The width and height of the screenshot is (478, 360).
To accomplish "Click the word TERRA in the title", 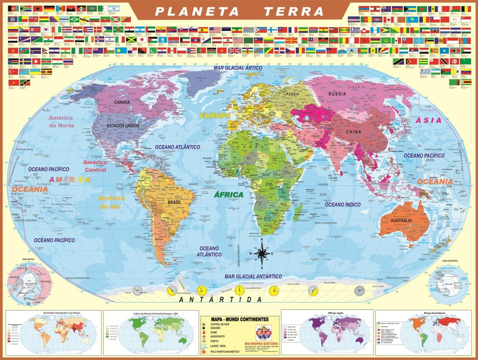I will coord(294,12).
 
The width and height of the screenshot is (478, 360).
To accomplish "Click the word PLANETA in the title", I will coord(197,12).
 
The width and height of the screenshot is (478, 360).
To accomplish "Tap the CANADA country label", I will coord(122,102).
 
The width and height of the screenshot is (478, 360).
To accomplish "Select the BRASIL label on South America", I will coord(174,202).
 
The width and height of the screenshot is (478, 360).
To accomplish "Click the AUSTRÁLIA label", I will coord(401,220).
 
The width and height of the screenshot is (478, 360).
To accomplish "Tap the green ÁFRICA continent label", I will coord(229,195).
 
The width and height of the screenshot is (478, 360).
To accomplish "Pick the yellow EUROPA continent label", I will coord(215,115).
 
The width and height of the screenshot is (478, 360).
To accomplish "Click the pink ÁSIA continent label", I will coord(429,120).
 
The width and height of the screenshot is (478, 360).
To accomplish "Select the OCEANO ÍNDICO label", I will coord(343,204).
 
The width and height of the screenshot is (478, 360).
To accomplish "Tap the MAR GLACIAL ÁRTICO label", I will coord(238,68).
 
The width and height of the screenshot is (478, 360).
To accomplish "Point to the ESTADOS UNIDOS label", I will coord(123,125).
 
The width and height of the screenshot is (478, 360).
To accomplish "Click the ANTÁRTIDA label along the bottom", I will coord(220,300).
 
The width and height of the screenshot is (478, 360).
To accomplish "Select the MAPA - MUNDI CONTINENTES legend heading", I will coord(240,319).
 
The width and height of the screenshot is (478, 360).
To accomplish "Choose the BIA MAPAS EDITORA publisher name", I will coord(264,344).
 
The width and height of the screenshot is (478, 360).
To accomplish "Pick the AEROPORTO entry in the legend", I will coord(217,337).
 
